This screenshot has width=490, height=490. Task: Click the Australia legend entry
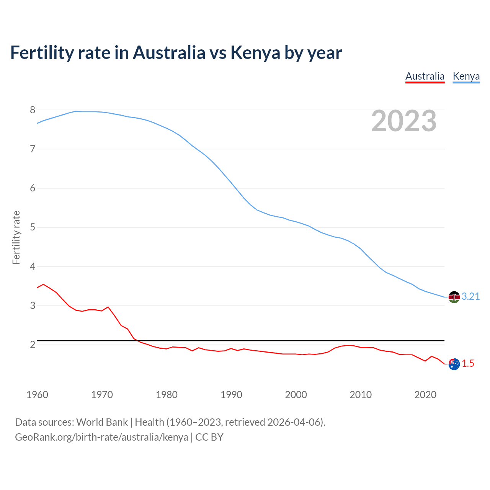pos(425,76)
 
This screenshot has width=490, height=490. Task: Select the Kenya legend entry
pos(466,76)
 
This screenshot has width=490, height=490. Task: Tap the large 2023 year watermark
pos(404,121)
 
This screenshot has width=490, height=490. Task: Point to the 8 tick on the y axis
pos(33,110)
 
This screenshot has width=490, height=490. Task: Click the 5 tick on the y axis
pos(33,227)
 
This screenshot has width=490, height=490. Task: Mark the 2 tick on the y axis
pos(33,345)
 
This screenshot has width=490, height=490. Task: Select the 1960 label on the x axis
pos(37,395)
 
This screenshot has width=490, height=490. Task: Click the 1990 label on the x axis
pos(231,395)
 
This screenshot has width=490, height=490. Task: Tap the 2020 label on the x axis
pos(425,395)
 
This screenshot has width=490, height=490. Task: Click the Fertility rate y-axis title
pos(16,237)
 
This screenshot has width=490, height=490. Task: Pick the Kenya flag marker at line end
pos(454,297)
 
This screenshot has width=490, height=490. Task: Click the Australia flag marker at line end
pos(454,364)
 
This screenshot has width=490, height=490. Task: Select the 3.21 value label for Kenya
pos(470,297)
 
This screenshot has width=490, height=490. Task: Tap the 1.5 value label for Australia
pos(468,364)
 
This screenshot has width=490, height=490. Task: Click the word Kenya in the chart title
pos(255,53)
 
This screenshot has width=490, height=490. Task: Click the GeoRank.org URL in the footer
pos(101,437)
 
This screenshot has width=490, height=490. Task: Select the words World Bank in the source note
pos(102,422)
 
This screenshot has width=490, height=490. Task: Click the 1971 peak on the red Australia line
pos(108,307)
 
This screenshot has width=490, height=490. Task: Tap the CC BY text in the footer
pos(209,437)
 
